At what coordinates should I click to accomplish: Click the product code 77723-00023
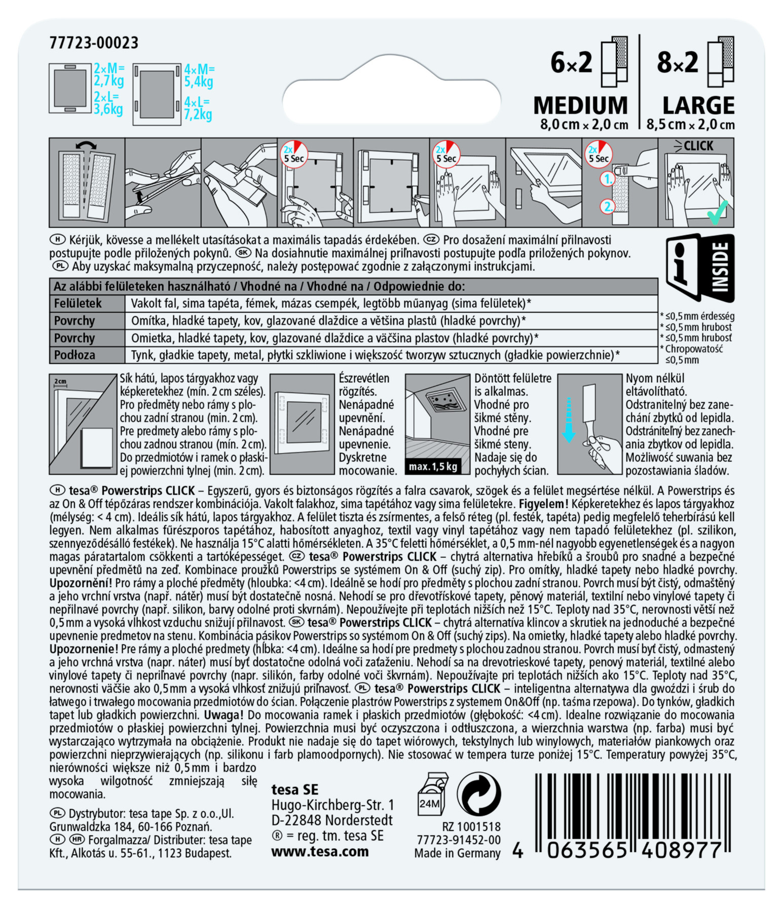(x=94, y=43)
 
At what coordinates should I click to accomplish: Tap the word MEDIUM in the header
(x=581, y=105)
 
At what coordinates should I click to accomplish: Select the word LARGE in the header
(x=698, y=105)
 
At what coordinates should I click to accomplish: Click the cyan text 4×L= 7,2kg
(x=198, y=108)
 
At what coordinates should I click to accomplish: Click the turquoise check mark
(x=718, y=213)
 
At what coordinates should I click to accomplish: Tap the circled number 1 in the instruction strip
(x=607, y=179)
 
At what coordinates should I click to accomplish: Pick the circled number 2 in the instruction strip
(x=607, y=206)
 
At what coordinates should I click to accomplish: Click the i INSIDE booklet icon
(x=700, y=267)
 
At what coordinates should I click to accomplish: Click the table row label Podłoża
(x=74, y=355)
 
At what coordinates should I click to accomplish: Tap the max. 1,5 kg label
(x=433, y=467)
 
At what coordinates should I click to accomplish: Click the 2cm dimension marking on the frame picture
(x=60, y=382)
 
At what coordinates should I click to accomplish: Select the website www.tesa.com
(x=320, y=852)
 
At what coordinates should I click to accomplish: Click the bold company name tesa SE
(x=295, y=789)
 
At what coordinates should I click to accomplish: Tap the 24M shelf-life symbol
(x=432, y=794)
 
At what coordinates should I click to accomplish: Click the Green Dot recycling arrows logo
(x=479, y=794)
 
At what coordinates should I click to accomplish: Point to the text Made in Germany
(x=457, y=853)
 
